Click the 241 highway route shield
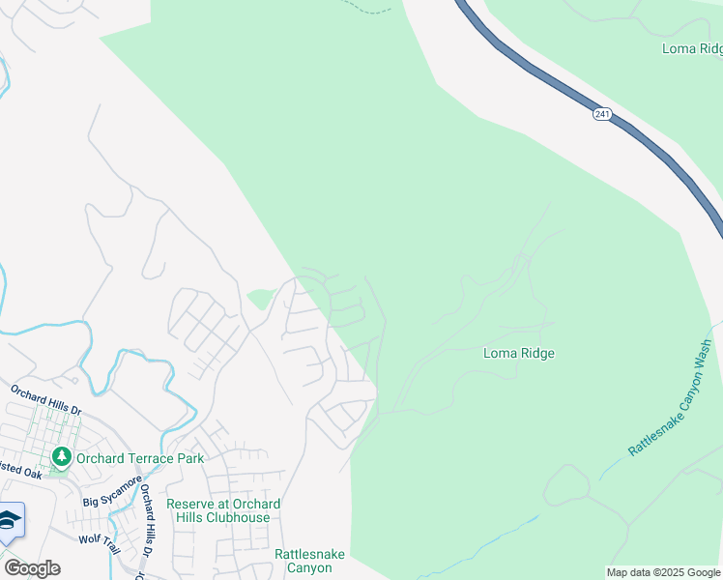[x=602, y=114]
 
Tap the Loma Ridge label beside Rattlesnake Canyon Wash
[x=519, y=354]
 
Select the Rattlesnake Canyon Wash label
[x=670, y=398]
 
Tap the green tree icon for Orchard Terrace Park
[x=61, y=456]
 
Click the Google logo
[x=31, y=568]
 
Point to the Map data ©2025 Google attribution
[x=663, y=572]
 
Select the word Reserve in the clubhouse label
[x=190, y=505]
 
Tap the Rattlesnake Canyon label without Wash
[x=304, y=561]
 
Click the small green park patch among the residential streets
[x=259, y=298]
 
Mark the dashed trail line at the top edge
[x=373, y=10]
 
